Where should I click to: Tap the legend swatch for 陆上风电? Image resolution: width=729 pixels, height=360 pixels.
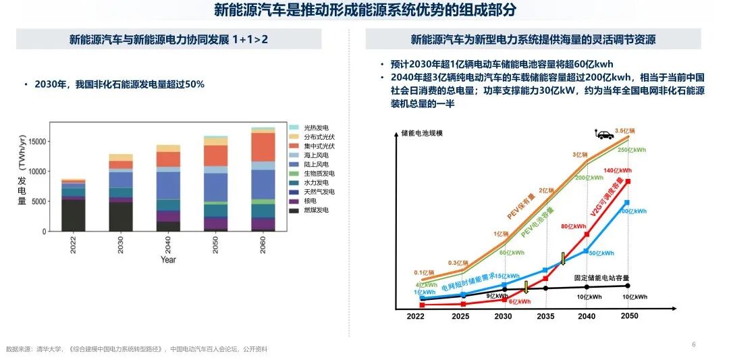pyautogui.click(x=294, y=164)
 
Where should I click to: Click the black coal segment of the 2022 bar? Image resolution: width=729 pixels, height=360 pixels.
pyautogui.click(x=73, y=215)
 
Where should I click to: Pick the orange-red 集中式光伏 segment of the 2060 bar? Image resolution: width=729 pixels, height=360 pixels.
pyautogui.click(x=263, y=147)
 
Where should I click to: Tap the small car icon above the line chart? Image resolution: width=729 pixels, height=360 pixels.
pyautogui.click(x=604, y=134)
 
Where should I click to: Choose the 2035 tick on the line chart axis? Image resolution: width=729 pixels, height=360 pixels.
pyautogui.click(x=545, y=316)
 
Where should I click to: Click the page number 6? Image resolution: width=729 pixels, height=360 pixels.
pyautogui.click(x=693, y=344)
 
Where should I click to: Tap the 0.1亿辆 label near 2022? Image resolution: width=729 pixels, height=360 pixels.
pyautogui.click(x=424, y=273)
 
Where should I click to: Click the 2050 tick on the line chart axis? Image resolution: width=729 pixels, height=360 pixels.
pyautogui.click(x=629, y=316)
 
